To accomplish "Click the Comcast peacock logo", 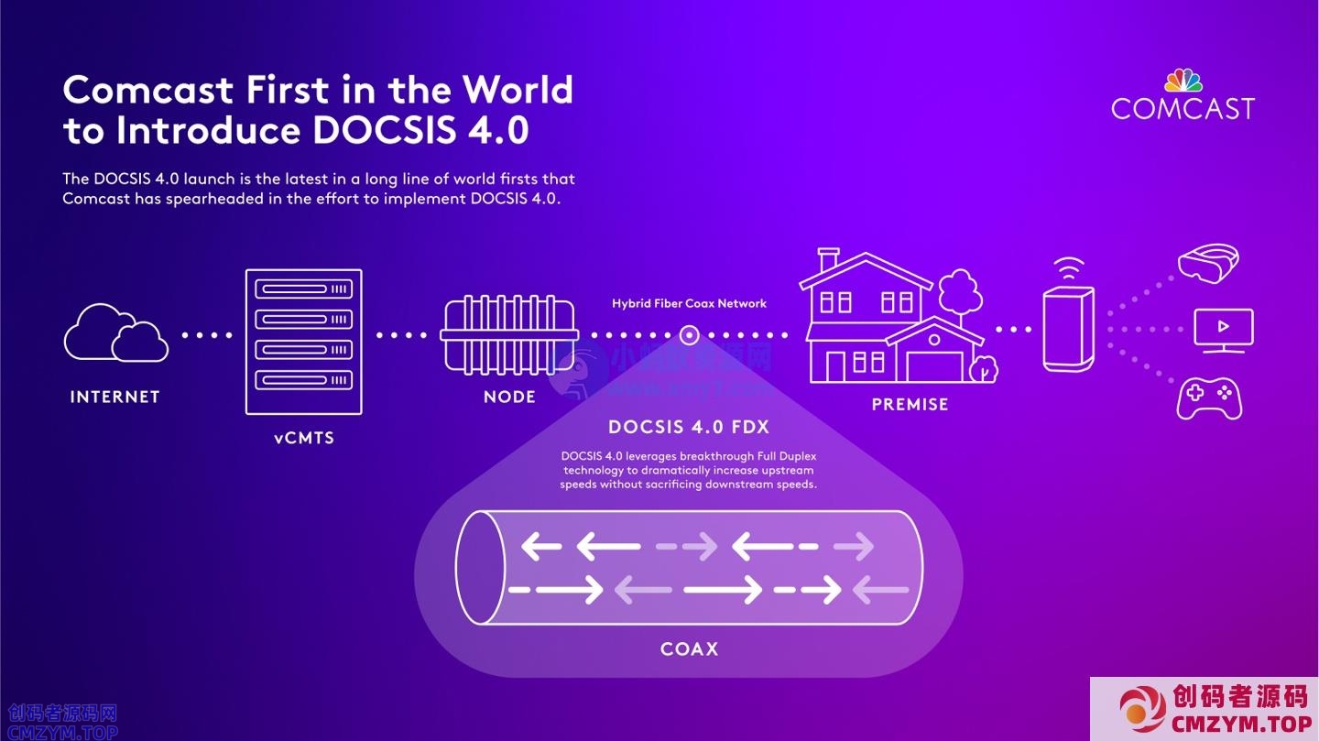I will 1183,81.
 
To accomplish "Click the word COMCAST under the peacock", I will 1183,109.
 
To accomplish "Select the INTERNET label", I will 115,397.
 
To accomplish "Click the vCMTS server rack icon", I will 303,341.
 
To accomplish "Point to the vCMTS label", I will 304,438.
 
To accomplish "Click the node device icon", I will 509,333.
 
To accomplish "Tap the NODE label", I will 509,397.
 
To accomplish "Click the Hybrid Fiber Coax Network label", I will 689,303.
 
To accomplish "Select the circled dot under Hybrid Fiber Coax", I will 690,335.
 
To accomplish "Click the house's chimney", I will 828,259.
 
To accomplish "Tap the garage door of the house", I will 934,366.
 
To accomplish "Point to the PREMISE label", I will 910,404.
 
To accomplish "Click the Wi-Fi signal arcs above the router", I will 1068,269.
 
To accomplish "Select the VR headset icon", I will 1208,261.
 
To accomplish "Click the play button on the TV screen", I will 1224,327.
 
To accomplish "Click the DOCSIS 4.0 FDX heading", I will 689,427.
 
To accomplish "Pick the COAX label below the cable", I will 689,649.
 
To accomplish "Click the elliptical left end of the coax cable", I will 480,567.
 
